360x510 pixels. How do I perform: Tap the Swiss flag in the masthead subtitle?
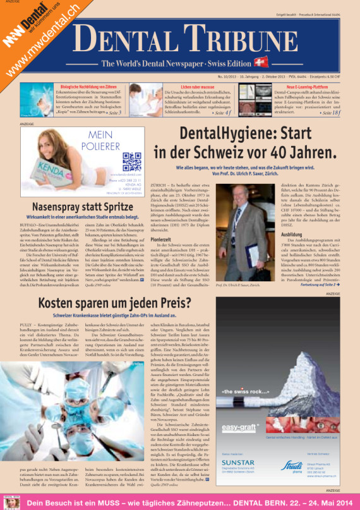click(x=260, y=63)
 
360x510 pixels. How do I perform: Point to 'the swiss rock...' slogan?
click(x=243, y=392)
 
